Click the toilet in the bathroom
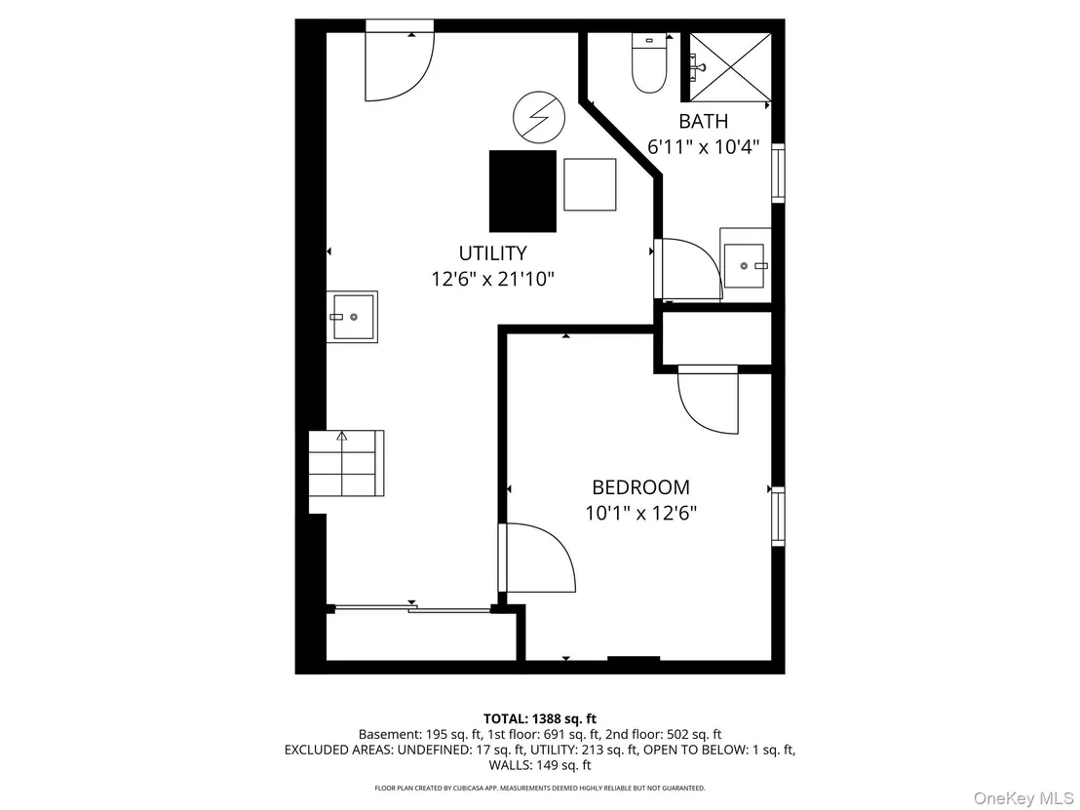point(649,62)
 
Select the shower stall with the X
point(730,67)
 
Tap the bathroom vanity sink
point(745,265)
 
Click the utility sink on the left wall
point(352,317)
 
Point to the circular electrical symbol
point(539,117)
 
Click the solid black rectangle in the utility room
point(522,191)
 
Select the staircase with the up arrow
point(346,464)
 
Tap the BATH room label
point(703,121)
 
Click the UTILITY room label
point(492,253)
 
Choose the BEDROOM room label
point(640,487)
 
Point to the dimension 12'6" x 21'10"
point(492,280)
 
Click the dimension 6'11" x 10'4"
point(703,147)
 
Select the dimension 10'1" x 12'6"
point(640,514)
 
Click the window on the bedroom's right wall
point(778,517)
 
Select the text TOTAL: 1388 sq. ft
point(540,719)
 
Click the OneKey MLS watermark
point(1022,798)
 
